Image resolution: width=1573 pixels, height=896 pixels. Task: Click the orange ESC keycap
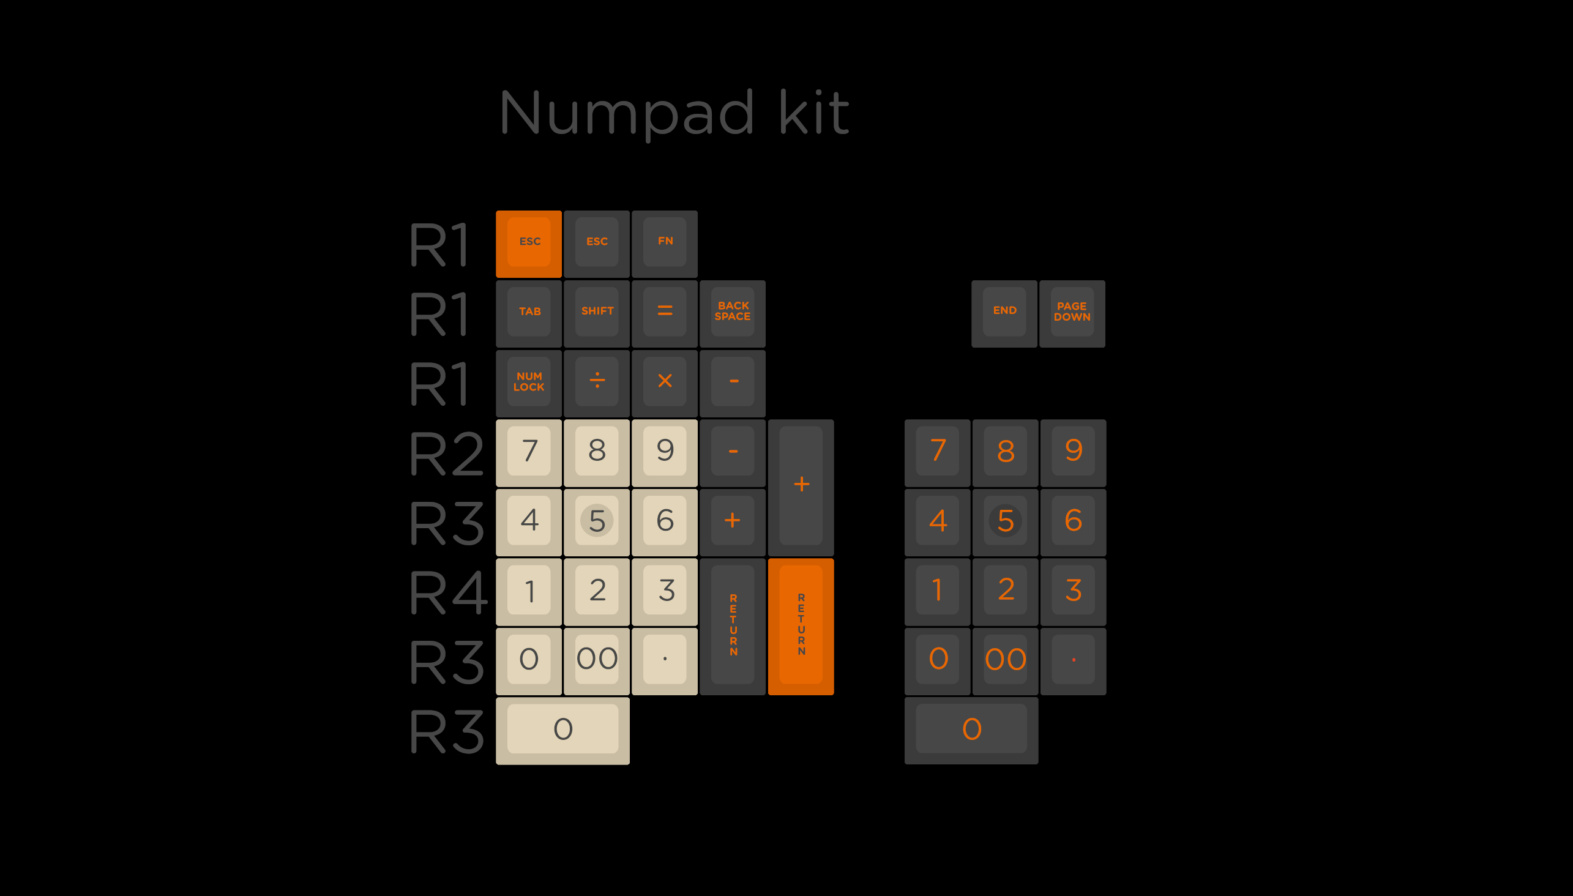pyautogui.click(x=529, y=243)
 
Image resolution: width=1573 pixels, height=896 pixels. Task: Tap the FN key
pyautogui.click(x=665, y=243)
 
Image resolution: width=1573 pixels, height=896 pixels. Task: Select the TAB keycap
pyautogui.click(x=529, y=313)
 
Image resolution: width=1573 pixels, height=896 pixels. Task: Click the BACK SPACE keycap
pyautogui.click(x=733, y=313)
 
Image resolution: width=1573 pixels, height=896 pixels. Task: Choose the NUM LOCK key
pyautogui.click(x=529, y=382)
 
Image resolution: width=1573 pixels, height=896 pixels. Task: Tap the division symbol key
pyautogui.click(x=597, y=382)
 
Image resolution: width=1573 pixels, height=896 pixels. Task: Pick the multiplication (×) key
pyautogui.click(x=665, y=382)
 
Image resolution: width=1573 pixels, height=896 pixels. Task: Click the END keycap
pyautogui.click(x=1004, y=313)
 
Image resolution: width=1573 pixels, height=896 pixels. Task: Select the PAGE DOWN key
pyautogui.click(x=1072, y=313)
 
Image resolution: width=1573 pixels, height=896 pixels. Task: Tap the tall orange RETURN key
pyautogui.click(x=801, y=626)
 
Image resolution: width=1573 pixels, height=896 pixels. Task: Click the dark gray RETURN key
pyautogui.click(x=733, y=626)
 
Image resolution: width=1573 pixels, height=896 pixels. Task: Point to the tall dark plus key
pyautogui.click(x=801, y=487)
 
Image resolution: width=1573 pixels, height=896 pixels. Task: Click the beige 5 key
pyautogui.click(x=597, y=521)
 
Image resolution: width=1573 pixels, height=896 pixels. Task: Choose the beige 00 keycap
pyautogui.click(x=597, y=660)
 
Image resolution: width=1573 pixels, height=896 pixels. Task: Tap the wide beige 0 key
pyautogui.click(x=562, y=730)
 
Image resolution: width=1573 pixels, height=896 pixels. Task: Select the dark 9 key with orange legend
pyautogui.click(x=1074, y=452)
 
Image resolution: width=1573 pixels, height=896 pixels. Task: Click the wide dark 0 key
pyautogui.click(x=971, y=730)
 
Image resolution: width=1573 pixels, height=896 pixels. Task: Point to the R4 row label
pyautogui.click(x=448, y=592)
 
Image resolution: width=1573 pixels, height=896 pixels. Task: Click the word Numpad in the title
pyautogui.click(x=627, y=113)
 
